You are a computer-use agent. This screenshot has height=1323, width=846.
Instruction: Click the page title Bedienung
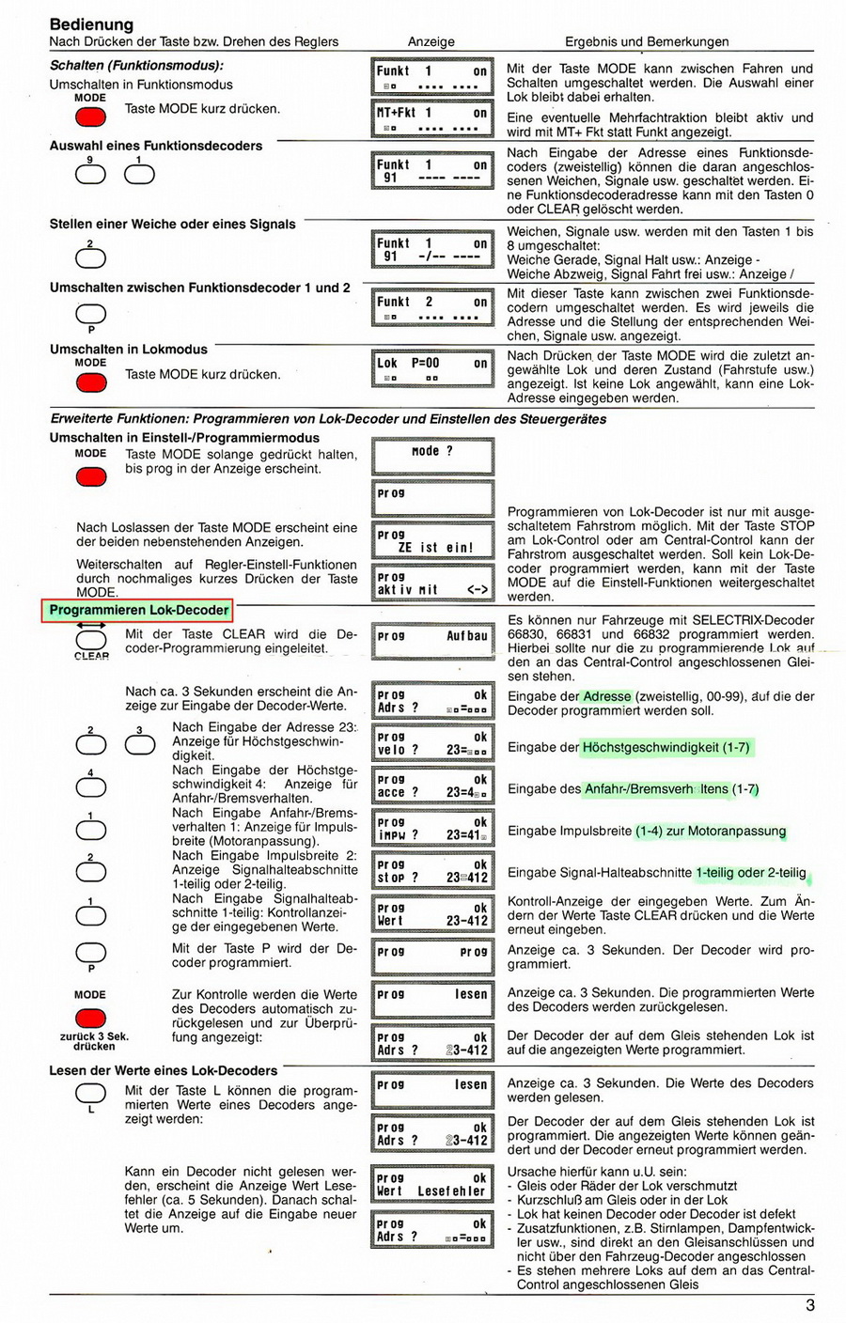91,24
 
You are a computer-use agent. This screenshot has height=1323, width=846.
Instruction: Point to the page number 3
809,1304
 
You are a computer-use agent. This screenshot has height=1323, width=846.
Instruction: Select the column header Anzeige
431,41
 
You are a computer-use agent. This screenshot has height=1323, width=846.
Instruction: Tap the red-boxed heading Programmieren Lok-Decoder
139,611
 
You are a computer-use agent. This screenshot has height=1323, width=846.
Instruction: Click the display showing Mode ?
433,456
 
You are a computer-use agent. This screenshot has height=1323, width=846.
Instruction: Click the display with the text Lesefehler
433,1184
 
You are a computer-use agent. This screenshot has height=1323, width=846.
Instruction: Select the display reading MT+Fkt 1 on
433,118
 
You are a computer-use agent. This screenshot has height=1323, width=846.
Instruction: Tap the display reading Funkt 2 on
433,308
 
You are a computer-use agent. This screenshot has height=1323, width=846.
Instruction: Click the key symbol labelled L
91,1092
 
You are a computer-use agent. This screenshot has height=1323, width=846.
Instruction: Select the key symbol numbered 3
139,744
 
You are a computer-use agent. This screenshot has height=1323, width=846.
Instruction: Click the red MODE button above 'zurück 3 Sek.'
90,1018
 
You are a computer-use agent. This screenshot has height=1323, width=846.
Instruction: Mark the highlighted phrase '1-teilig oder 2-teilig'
750,873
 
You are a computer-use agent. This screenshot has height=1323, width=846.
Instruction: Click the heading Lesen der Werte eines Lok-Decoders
164,1070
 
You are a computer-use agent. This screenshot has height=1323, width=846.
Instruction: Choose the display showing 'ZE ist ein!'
433,541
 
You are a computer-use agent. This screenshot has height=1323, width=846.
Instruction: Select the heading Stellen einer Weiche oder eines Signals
172,225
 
